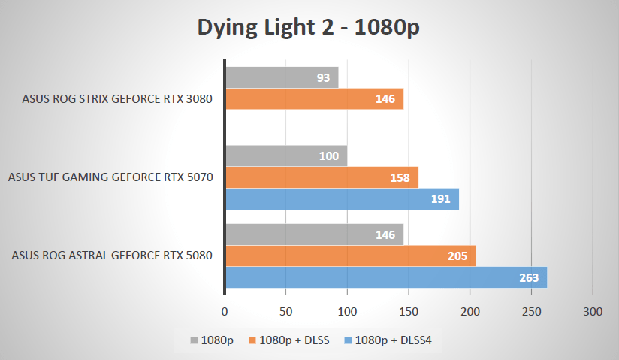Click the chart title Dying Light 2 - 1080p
pos(308,28)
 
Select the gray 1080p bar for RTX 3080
pos(282,77)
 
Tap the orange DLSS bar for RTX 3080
pos(314,99)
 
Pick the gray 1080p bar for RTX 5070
pos(286,156)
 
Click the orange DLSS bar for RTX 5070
pos(322,178)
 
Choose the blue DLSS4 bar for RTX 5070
pos(342,199)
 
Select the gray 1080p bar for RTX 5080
pos(314,234)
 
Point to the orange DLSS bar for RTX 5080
pos(350,256)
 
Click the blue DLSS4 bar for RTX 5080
pos(386,277)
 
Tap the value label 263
pos(529,277)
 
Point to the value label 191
pos(440,199)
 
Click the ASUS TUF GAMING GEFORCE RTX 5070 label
pos(110,178)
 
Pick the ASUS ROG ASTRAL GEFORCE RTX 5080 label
pos(112,256)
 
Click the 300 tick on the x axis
pos(593,310)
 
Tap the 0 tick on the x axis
pos(225,310)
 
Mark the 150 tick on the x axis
pos(409,310)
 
